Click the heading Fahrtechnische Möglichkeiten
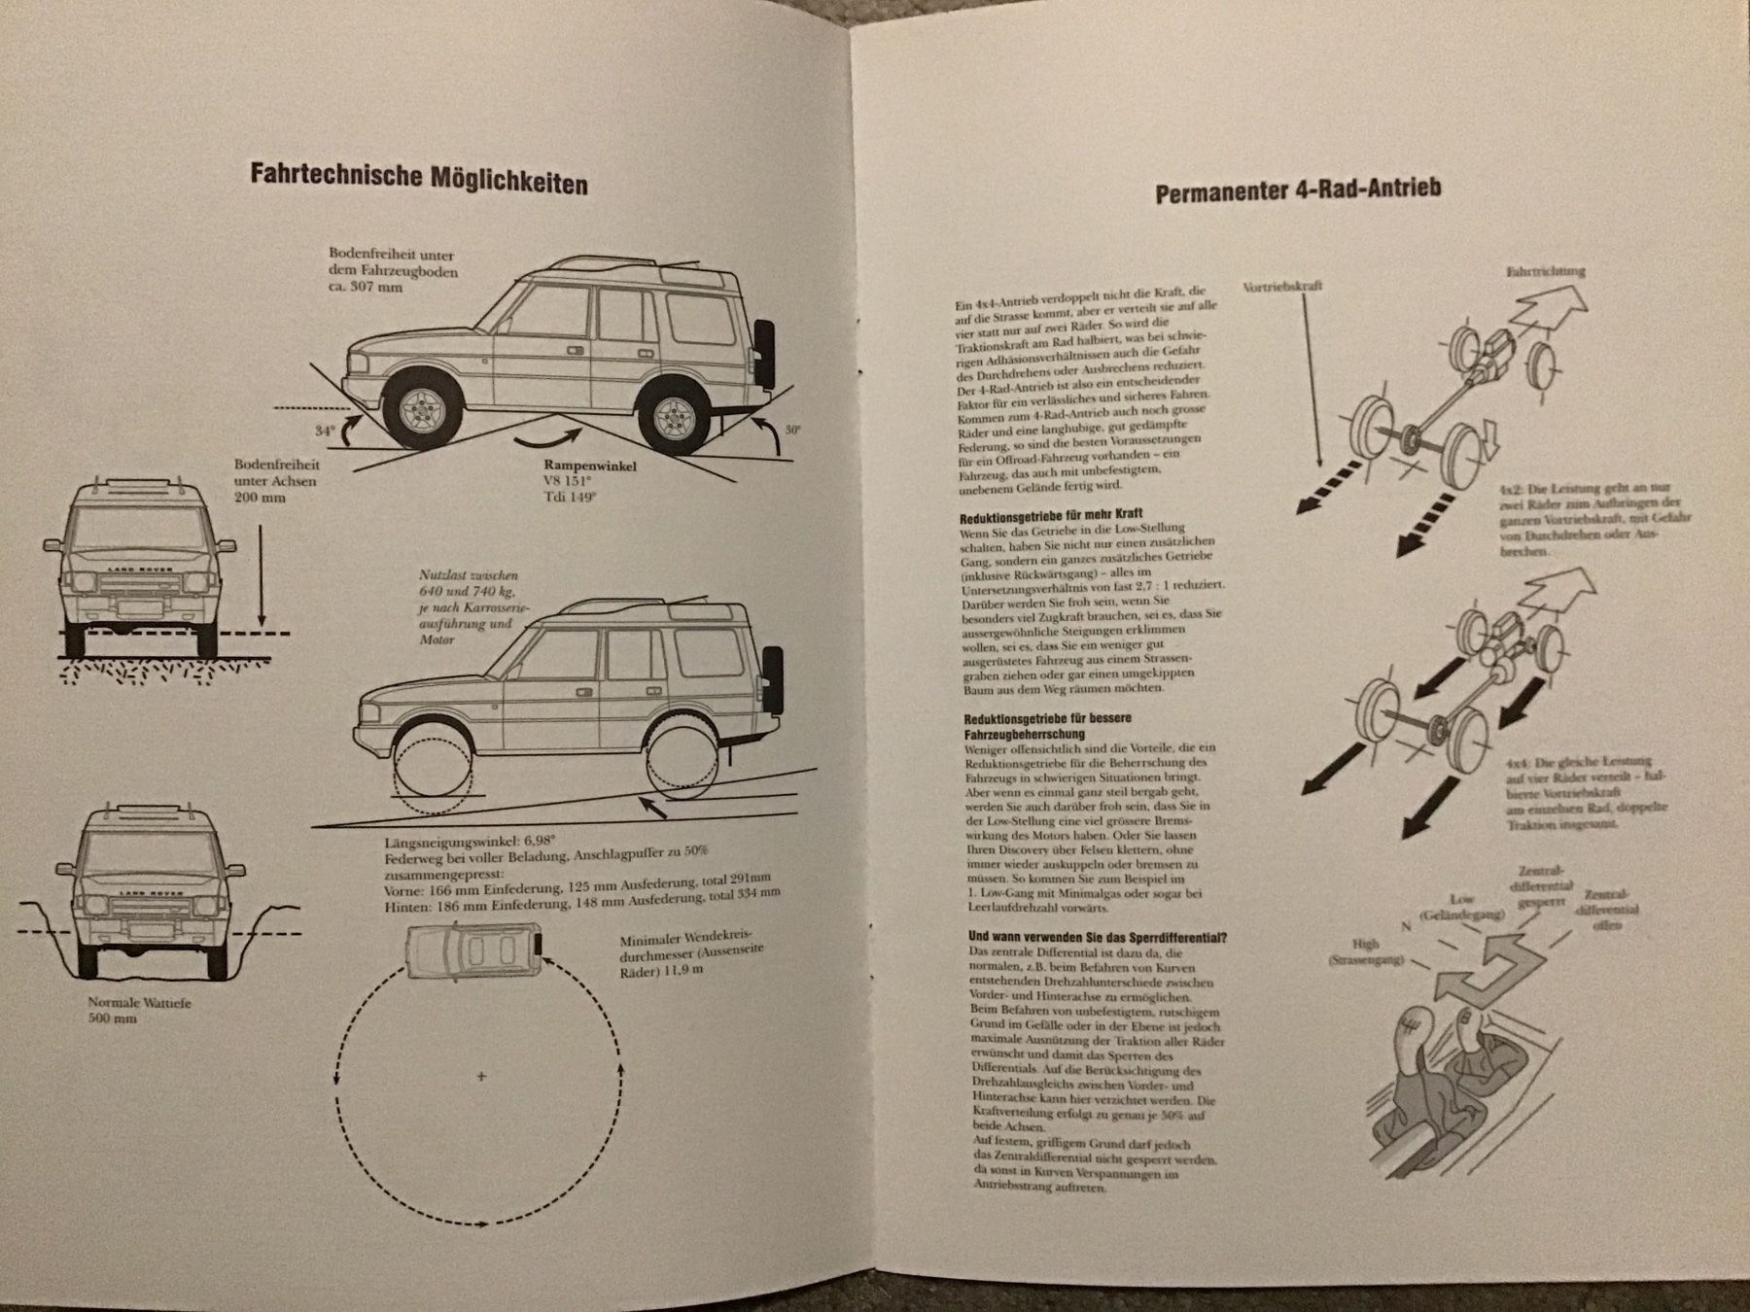click(x=419, y=177)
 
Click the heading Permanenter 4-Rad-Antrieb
click(x=1298, y=190)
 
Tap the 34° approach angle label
click(x=325, y=430)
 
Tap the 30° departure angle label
click(x=793, y=429)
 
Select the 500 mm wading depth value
click(x=112, y=1019)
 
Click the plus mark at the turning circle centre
click(x=481, y=1076)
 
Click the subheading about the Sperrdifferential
click(x=1097, y=937)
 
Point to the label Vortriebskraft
click(x=1282, y=288)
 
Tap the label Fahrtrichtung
click(x=1545, y=272)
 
